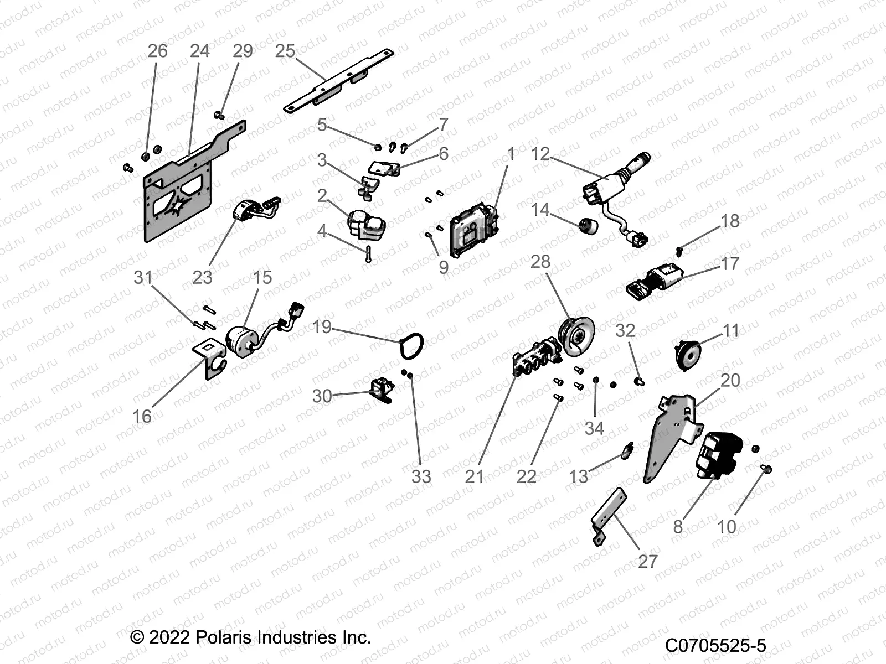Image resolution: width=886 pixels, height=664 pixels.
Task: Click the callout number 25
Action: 285,51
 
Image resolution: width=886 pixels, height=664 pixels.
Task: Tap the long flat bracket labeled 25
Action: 338,81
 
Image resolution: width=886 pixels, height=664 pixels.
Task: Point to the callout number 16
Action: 142,416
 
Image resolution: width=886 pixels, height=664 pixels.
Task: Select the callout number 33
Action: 421,476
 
